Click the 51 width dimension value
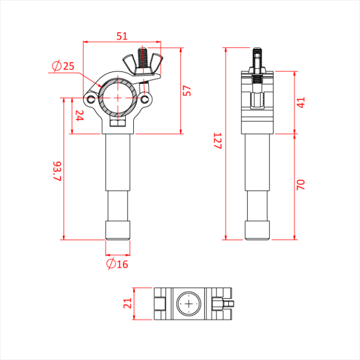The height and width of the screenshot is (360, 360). [x=121, y=36]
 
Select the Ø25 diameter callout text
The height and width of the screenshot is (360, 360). [x=63, y=66]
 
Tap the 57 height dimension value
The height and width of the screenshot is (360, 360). [x=188, y=91]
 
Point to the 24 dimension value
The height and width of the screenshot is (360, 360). [x=79, y=116]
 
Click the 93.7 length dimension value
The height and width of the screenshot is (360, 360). [x=57, y=171]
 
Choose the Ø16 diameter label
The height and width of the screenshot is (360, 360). [x=117, y=264]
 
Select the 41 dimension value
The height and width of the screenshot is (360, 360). [x=301, y=102]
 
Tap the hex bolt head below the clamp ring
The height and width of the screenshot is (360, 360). [x=118, y=123]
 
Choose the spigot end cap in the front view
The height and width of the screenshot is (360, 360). [x=118, y=230]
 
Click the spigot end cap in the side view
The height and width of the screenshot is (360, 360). [x=257, y=230]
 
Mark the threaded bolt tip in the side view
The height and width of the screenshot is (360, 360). [x=257, y=52]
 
